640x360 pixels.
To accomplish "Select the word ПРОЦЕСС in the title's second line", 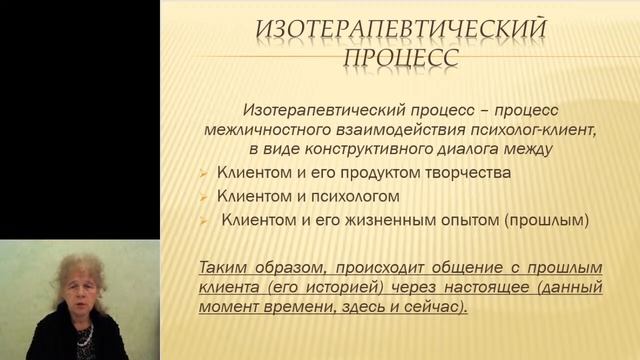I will (x=401, y=56).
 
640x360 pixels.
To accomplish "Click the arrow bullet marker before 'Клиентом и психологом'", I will (x=203, y=196).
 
